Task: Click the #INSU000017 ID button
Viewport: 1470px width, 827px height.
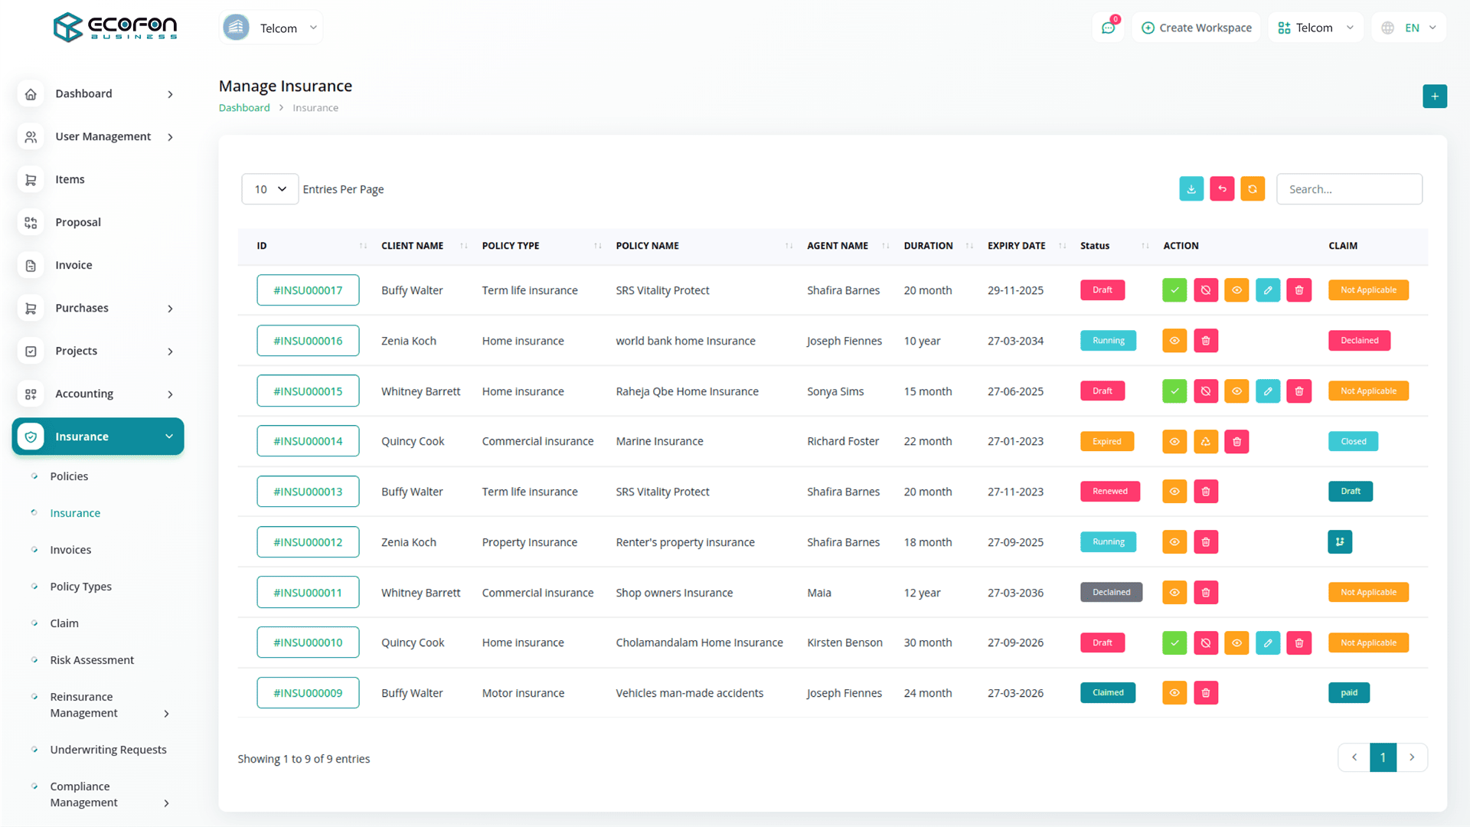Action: pyautogui.click(x=308, y=290)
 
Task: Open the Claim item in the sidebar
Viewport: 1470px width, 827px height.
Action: pyautogui.click(x=64, y=623)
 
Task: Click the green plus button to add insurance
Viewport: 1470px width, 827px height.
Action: pyautogui.click(x=1435, y=96)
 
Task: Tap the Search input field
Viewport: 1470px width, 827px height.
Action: pyautogui.click(x=1349, y=189)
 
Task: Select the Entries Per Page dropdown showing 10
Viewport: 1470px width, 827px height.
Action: pyautogui.click(x=269, y=189)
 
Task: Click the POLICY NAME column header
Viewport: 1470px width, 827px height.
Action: pyautogui.click(x=648, y=246)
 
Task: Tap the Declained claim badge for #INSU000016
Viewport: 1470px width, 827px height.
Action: pyautogui.click(x=1359, y=341)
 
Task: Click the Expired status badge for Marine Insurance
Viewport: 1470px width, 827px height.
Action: pyautogui.click(x=1107, y=442)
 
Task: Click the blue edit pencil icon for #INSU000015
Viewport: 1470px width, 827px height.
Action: pyautogui.click(x=1268, y=391)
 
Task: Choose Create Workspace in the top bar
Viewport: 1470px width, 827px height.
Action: pyautogui.click(x=1197, y=28)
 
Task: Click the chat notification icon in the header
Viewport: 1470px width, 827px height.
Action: pyautogui.click(x=1108, y=28)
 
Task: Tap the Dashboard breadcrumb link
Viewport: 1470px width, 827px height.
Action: pyautogui.click(x=244, y=108)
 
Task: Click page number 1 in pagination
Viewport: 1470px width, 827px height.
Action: pyautogui.click(x=1383, y=757)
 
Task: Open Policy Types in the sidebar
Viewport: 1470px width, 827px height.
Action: pyautogui.click(x=80, y=587)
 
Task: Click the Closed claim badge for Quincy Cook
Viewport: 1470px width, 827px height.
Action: pyautogui.click(x=1353, y=442)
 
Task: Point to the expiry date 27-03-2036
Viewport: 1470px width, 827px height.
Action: pyautogui.click(x=1015, y=593)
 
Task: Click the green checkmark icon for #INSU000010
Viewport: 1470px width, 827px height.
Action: pyautogui.click(x=1174, y=643)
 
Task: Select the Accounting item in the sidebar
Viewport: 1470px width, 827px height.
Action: pyautogui.click(x=84, y=394)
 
